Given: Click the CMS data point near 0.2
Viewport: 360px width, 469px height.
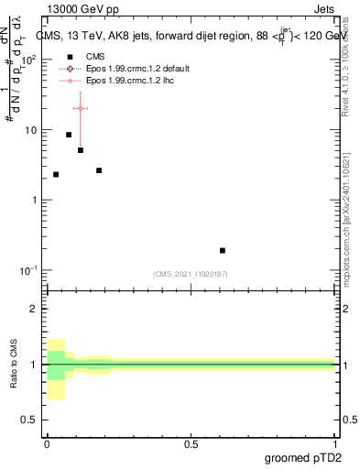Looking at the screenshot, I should [99, 170].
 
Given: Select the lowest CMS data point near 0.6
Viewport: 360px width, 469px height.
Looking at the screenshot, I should [223, 250].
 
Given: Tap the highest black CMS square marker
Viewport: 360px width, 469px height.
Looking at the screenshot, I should [69, 135].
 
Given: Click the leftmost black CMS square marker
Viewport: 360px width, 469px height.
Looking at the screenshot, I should [56, 174].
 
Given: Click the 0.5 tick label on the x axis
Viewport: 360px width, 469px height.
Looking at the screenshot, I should [191, 443].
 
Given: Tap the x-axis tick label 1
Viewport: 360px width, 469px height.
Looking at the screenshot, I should [336, 443].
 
